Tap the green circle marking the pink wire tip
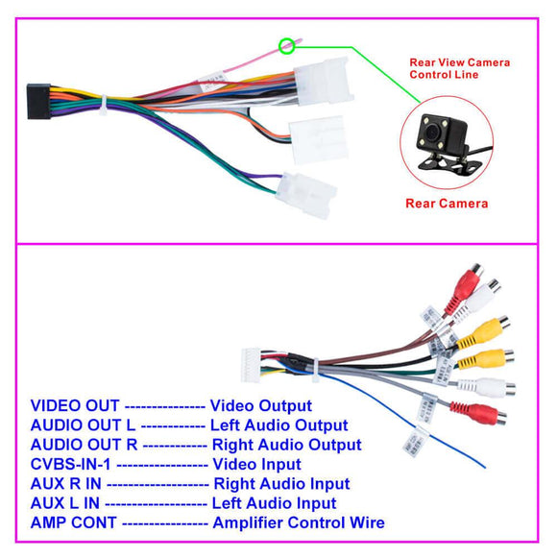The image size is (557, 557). pyautogui.click(x=285, y=45)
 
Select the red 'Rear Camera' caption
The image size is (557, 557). pyautogui.click(x=447, y=204)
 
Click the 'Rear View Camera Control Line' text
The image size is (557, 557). pyautogui.click(x=459, y=68)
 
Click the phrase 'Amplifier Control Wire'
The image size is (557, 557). pyautogui.click(x=299, y=522)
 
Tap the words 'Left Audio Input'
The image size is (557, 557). pyautogui.click(x=275, y=503)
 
